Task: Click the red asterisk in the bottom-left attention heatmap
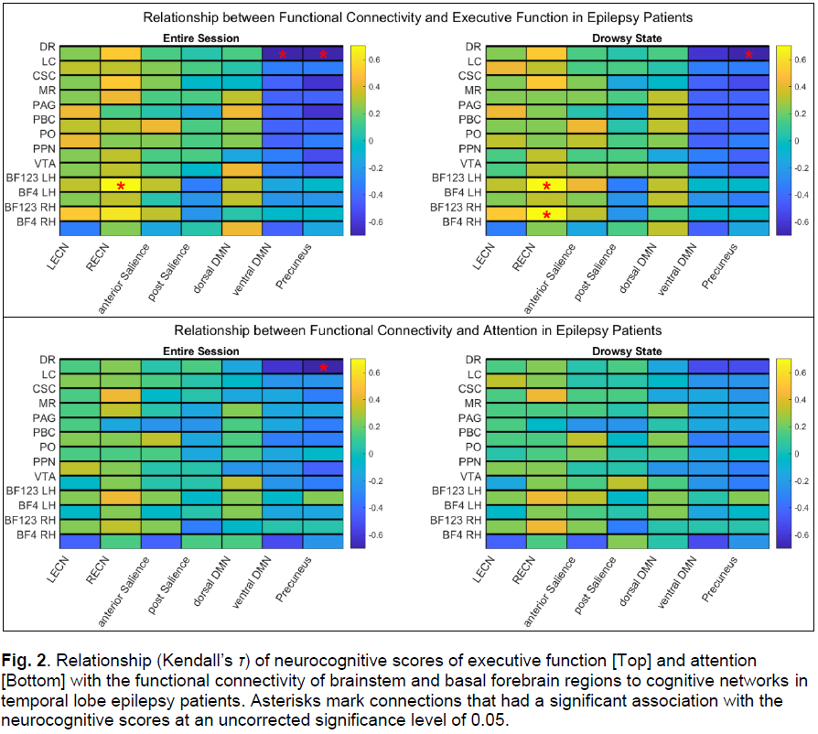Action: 323,368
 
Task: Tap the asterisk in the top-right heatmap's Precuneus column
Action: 749,55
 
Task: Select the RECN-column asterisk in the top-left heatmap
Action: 120,186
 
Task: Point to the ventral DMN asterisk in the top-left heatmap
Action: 283,55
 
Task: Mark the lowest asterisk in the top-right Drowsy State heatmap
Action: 546,215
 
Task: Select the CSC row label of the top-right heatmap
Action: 469,75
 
